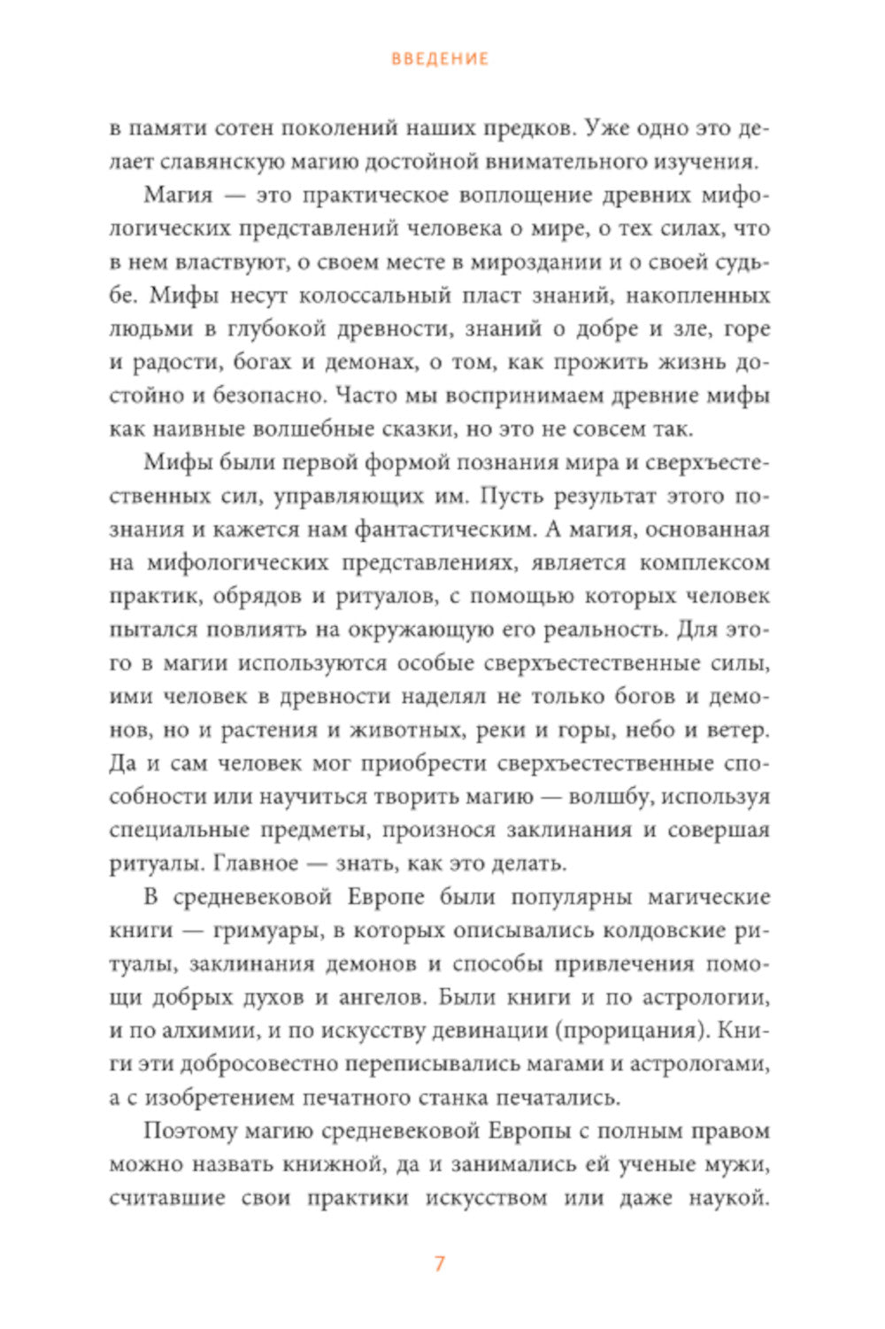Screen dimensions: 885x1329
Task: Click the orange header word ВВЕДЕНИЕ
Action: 440,59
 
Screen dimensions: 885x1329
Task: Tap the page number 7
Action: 440,1263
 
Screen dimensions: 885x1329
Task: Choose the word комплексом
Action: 704,563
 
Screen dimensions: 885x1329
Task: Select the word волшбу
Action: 611,797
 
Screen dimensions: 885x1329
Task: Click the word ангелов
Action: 380,998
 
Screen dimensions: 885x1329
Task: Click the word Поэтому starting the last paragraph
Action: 191,1132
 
